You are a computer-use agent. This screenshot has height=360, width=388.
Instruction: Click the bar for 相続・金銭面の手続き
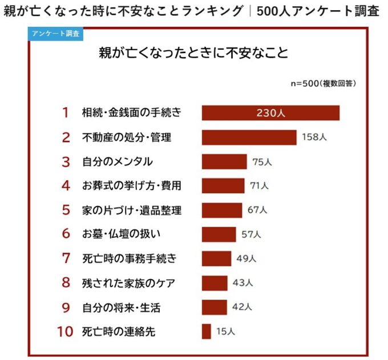click(x=270, y=113)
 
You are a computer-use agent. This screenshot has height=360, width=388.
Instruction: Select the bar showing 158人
click(x=249, y=137)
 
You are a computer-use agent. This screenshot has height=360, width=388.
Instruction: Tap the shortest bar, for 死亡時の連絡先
click(x=206, y=331)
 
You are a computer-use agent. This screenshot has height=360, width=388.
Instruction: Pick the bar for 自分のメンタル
click(x=224, y=161)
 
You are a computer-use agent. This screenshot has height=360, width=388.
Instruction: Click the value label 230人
click(x=270, y=113)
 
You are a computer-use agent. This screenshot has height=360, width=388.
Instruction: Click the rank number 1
click(x=66, y=113)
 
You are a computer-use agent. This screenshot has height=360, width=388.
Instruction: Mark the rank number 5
click(x=66, y=210)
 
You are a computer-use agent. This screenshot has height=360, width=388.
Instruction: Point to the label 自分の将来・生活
click(x=121, y=308)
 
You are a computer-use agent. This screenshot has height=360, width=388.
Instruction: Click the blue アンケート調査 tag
click(x=55, y=34)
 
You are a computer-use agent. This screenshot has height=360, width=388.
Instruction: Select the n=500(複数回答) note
click(x=324, y=83)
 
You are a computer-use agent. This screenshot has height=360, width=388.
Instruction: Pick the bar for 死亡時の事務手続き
click(x=216, y=258)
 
